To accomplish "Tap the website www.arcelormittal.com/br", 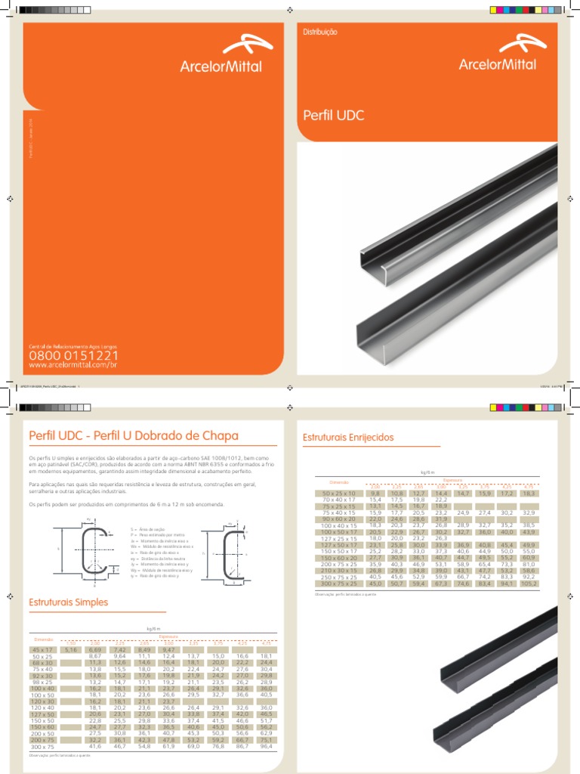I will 72,365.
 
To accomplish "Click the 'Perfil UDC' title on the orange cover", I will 333,116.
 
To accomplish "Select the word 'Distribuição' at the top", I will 320,33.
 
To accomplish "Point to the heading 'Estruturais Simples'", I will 68,602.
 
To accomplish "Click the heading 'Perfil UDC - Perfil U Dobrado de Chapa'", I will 133,436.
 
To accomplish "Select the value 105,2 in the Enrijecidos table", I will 529,584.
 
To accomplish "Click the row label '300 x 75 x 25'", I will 338,584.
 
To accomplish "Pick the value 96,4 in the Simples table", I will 266,745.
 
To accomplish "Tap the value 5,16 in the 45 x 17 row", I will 72,649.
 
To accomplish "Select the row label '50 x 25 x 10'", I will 338,493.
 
